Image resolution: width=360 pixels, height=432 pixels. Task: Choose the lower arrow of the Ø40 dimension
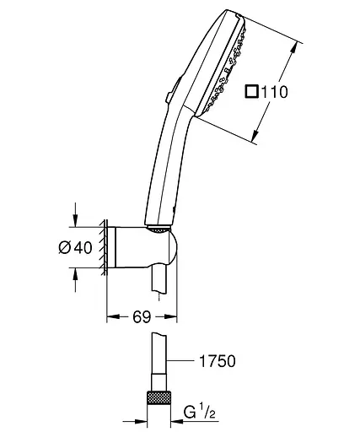pos(78,273)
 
